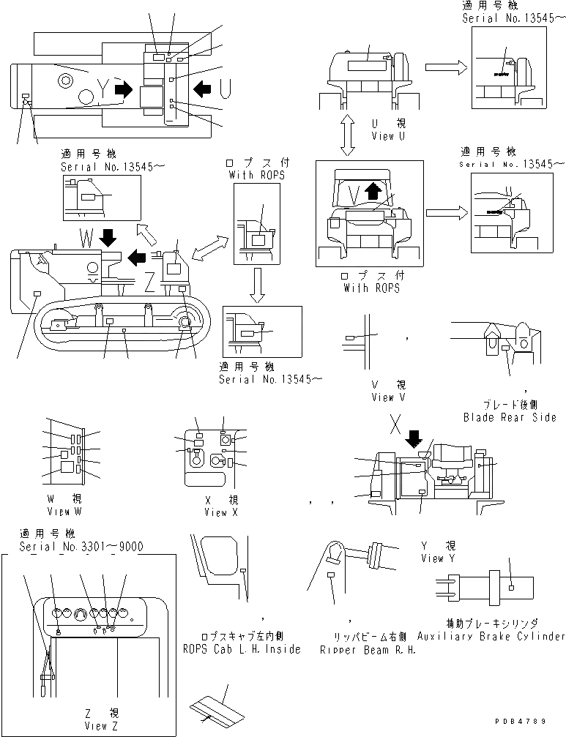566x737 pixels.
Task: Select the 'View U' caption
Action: click(x=382, y=136)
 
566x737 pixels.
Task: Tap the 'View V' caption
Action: click(x=392, y=397)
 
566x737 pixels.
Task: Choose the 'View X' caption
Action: click(x=216, y=513)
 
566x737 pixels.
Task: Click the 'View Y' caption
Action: click(x=438, y=558)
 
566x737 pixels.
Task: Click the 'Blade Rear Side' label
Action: click(x=510, y=417)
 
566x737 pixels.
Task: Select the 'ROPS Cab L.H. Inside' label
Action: click(x=242, y=649)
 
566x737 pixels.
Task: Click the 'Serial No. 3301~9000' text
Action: click(x=81, y=547)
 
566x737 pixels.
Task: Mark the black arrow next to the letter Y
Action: click(x=124, y=89)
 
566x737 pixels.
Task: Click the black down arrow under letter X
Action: click(x=414, y=438)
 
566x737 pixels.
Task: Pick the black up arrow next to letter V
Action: click(x=373, y=192)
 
